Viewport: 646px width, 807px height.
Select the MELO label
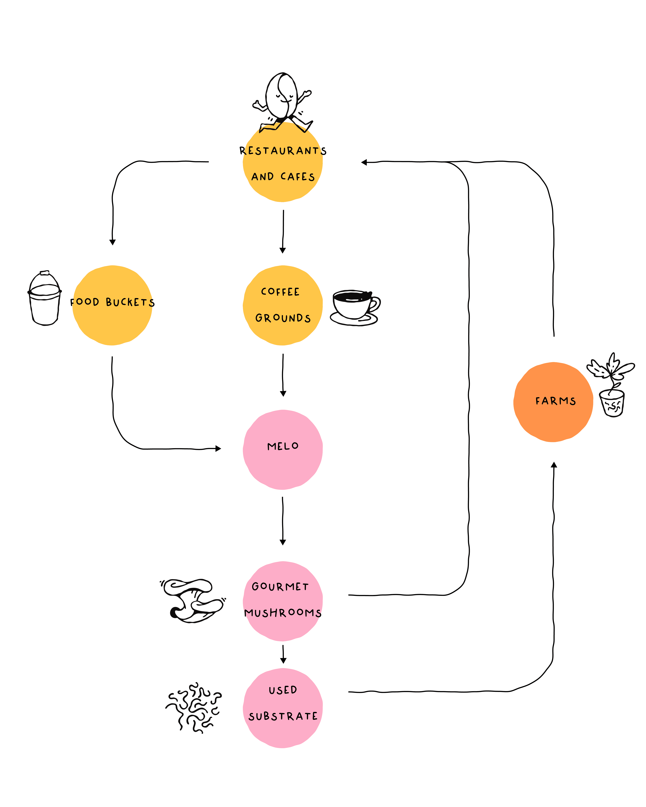pyautogui.click(x=283, y=446)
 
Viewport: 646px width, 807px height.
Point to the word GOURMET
pyautogui.click(x=280, y=587)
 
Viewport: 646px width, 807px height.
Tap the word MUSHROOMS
pyautogui.click(x=283, y=613)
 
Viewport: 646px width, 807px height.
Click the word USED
pyautogui.click(x=283, y=690)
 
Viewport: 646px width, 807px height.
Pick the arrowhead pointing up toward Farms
pyautogui.click(x=554, y=465)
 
